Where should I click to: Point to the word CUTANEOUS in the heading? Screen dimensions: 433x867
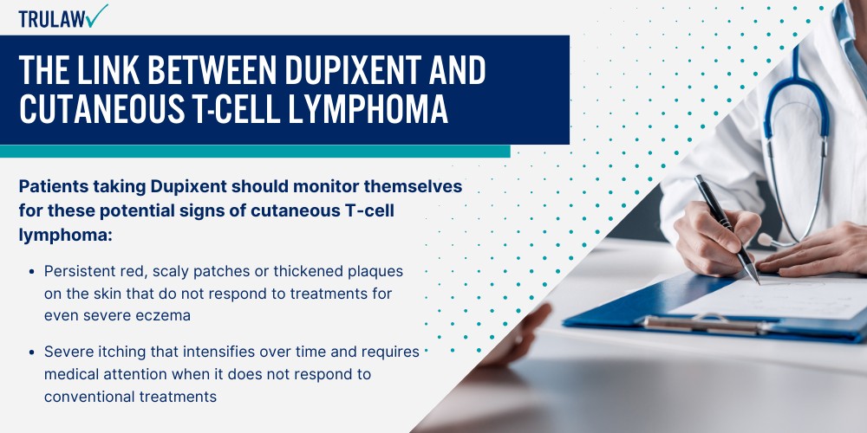(95, 110)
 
